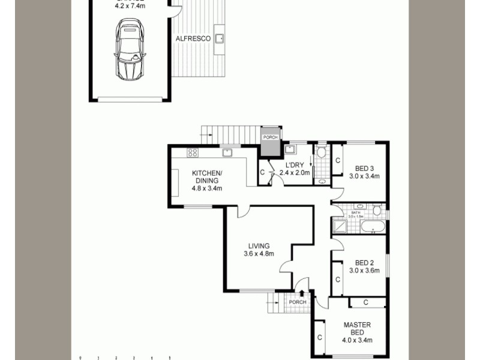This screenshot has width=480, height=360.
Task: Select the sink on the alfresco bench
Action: tap(220, 38)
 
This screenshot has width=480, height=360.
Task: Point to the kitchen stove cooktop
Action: tap(193, 152)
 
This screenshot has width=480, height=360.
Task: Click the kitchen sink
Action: tap(227, 153)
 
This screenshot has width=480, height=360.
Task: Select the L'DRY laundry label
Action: tap(294, 165)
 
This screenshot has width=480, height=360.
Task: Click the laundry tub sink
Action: tap(289, 149)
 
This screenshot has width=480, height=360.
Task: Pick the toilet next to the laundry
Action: tap(322, 152)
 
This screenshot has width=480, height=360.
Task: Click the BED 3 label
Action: tap(364, 168)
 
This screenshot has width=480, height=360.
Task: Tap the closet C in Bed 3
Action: tap(338, 161)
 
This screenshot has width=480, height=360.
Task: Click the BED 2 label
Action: tap(364, 263)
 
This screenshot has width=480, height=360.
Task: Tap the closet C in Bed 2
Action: tap(338, 280)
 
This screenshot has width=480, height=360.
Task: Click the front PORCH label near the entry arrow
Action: tap(297, 302)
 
